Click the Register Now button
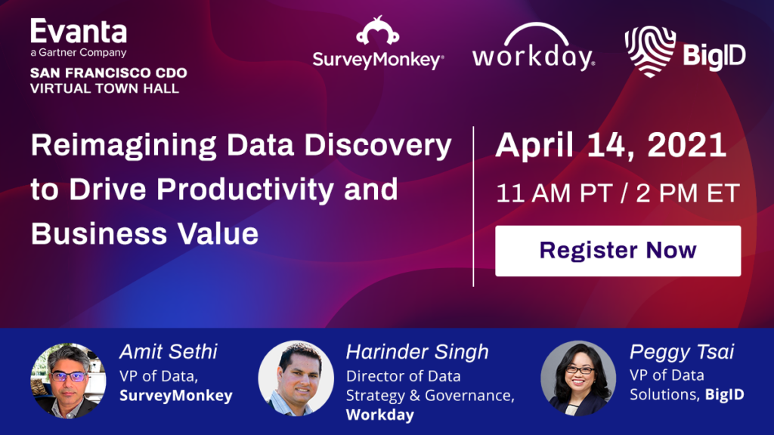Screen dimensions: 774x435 pos(618,251)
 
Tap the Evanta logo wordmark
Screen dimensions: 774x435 pos(79,32)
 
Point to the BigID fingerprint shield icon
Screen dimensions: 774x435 pos(650,51)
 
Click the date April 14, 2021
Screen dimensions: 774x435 pos(611,146)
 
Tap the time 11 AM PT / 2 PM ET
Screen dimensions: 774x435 pos(618,193)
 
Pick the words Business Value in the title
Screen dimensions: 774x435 pos(144,233)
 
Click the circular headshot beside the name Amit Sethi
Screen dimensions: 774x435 pos(68,381)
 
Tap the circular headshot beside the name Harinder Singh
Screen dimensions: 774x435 pos(296,378)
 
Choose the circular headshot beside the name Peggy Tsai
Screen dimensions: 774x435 pos(578,378)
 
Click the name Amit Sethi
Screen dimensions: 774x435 pos(169,352)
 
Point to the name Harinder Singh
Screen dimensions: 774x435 pos(417,352)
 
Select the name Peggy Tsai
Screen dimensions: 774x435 pos(682,352)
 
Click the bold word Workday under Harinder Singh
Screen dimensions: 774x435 pos(380,415)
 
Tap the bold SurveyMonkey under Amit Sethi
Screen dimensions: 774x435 pos(175,396)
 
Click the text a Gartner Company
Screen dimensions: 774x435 pos(79,52)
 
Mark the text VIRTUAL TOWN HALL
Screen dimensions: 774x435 pos(104,89)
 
